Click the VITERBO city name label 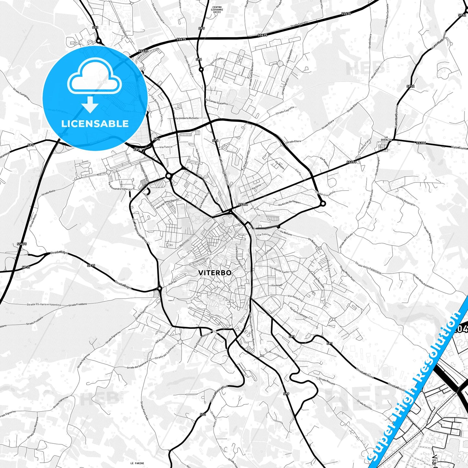pos(215,273)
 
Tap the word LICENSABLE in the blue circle pos(95,124)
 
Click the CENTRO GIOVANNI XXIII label pos(217,10)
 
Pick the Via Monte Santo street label pos(279,270)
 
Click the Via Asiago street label pos(277,285)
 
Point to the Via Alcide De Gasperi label pos(289,203)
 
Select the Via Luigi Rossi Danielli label pos(167,203)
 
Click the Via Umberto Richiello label pos(187,118)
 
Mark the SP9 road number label pos(286,394)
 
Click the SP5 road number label pos(201,29)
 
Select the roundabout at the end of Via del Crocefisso pos(323,203)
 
